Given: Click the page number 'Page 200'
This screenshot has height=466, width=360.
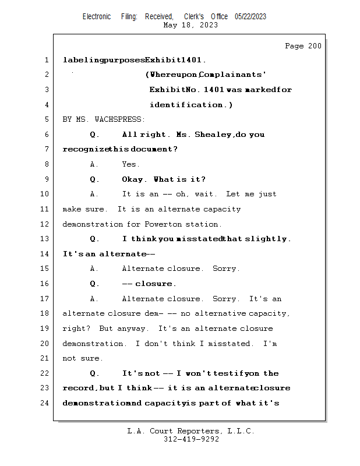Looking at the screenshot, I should [x=303, y=46].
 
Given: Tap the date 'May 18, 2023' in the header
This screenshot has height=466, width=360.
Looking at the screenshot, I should [x=190, y=25].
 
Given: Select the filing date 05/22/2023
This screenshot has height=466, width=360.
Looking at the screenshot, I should [x=250, y=16].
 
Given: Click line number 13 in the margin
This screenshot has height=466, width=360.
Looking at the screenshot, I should [x=45, y=239].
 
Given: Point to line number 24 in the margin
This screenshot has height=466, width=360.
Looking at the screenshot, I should [x=45, y=403].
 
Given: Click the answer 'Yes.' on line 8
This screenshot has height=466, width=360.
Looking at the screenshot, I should [x=130, y=164].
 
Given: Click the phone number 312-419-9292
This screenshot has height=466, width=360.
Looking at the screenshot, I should [x=191, y=440].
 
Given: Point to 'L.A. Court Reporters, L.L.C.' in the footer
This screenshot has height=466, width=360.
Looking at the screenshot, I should [x=190, y=432].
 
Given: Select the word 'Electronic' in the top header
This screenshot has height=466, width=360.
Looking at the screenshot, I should [x=97, y=16].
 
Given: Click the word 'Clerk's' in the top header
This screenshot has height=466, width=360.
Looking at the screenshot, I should [x=194, y=16].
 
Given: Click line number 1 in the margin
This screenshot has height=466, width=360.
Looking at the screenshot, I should [x=45, y=60].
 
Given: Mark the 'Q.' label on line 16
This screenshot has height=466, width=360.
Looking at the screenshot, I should [x=95, y=284].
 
